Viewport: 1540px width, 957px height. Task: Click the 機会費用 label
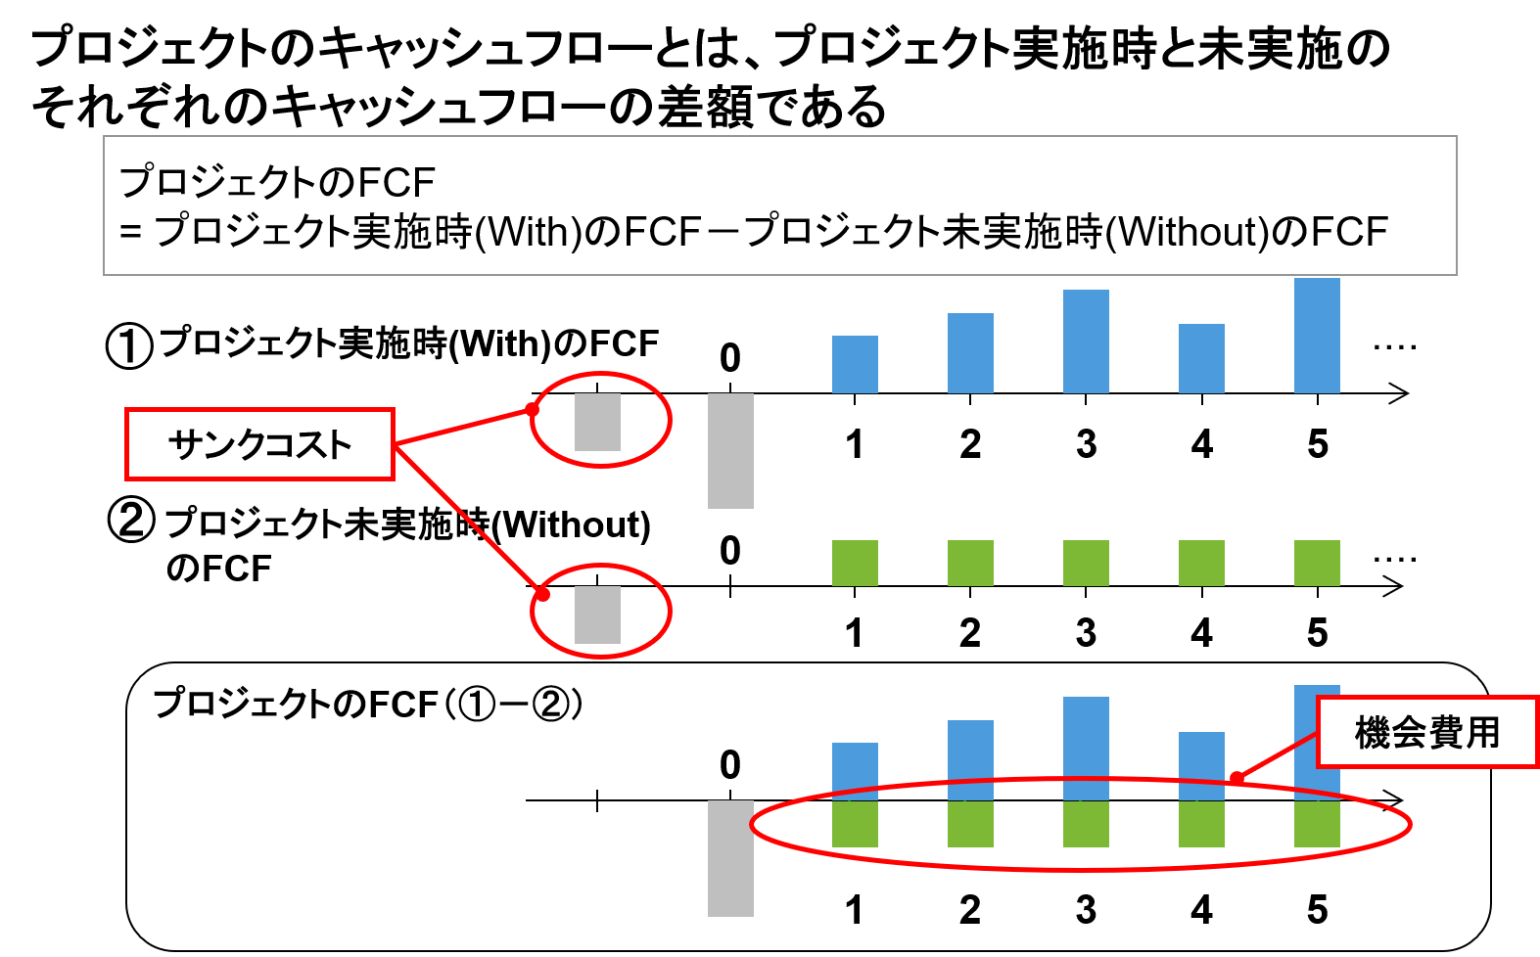coord(1426,732)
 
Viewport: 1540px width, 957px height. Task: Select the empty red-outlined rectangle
coord(259,444)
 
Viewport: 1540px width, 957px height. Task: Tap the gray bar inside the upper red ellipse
coord(597,422)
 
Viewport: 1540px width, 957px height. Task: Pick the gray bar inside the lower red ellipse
coord(597,615)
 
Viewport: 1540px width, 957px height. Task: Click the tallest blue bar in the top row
coord(1317,336)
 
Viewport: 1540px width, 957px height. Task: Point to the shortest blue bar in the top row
coord(855,364)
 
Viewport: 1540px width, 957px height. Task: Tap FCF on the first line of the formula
coord(396,183)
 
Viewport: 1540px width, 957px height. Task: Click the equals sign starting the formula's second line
coord(131,233)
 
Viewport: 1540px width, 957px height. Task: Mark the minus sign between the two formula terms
coord(722,233)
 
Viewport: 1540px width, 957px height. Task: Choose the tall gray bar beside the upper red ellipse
coord(730,450)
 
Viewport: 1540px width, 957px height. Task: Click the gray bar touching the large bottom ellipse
coord(730,858)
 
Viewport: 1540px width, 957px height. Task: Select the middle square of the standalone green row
coord(1086,563)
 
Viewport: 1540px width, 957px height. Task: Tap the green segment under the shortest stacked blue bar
coord(855,824)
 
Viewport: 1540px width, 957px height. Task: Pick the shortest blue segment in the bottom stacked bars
coord(855,771)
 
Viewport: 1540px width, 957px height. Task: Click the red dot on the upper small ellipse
coord(532,409)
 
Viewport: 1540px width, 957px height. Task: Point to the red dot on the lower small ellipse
coord(542,594)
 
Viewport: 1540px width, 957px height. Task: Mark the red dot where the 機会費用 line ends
coord(1237,778)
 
